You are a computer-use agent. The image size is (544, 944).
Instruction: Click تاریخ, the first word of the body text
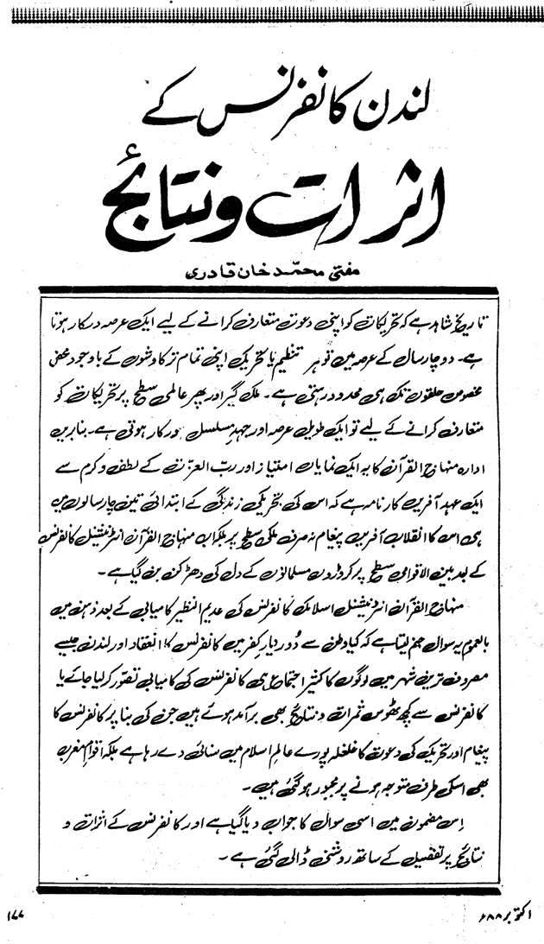tap(489, 319)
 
